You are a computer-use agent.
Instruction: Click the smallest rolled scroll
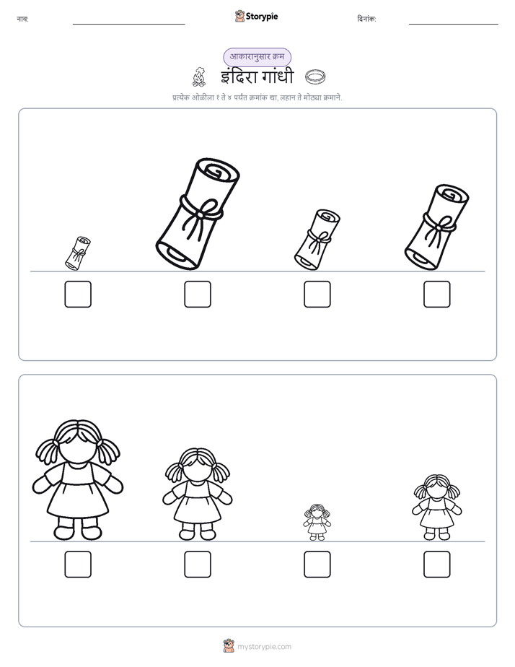point(78,253)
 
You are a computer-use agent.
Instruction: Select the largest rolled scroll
point(198,214)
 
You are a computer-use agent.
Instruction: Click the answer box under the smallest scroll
point(78,294)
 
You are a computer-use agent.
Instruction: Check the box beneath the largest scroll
point(198,294)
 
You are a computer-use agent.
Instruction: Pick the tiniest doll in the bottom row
point(317,523)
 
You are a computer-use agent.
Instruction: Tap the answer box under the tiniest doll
point(317,564)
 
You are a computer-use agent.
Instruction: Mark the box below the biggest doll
point(78,564)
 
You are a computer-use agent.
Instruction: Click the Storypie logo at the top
point(257,16)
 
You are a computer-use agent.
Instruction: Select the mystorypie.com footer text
point(264,647)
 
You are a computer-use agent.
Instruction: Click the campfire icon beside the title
point(199,77)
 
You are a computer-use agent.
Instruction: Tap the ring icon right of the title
point(316,77)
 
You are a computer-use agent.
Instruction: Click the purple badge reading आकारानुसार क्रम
point(257,57)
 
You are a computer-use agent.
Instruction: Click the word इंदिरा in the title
point(239,77)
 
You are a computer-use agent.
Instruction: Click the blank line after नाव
point(128,25)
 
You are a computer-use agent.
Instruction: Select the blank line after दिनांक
point(454,25)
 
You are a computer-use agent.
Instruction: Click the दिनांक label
point(366,19)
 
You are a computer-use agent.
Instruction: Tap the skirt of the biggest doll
point(78,501)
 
